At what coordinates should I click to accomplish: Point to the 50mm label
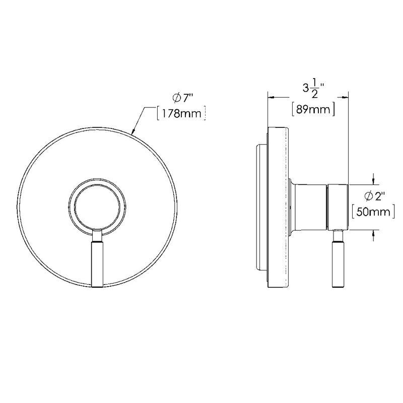pyautogui.click(x=372, y=213)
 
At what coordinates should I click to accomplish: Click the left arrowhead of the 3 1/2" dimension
pyautogui.click(x=270, y=97)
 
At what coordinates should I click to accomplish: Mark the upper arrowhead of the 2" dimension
pyautogui.click(x=373, y=180)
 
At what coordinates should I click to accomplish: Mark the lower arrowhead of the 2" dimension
pyautogui.click(x=373, y=232)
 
